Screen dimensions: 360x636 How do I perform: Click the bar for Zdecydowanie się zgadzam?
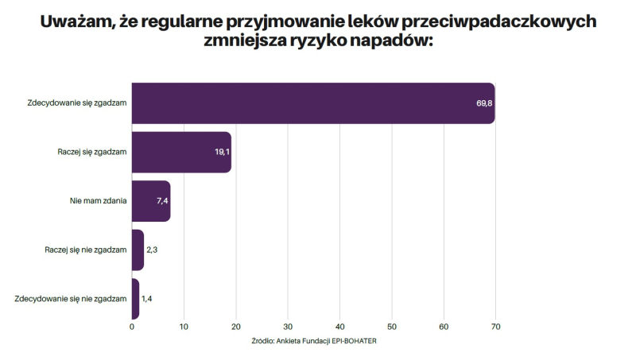click(x=313, y=103)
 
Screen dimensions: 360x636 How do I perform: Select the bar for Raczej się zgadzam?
click(x=181, y=152)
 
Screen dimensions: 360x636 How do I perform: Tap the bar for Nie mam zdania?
click(x=151, y=201)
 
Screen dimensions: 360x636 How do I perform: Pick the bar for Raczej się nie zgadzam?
click(x=138, y=250)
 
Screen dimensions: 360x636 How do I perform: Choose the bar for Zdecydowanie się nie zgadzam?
click(x=135, y=299)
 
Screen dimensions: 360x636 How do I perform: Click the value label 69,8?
click(x=485, y=103)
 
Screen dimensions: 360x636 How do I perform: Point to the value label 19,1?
click(x=222, y=152)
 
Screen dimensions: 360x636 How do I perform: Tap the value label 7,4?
click(x=162, y=201)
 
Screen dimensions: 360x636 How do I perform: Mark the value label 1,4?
click(x=147, y=299)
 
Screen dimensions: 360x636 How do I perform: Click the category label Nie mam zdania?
click(x=99, y=201)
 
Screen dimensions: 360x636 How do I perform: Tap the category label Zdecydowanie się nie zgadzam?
click(x=71, y=299)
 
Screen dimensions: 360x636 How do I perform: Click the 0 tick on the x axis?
click(x=132, y=326)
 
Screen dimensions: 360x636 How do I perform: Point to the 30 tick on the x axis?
click(x=288, y=326)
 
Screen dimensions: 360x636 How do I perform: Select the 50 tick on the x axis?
click(x=392, y=326)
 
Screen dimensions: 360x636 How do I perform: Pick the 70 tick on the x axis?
click(x=496, y=326)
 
